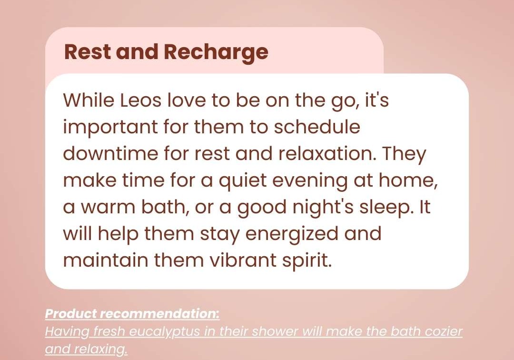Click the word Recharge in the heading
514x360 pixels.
pyautogui.click(x=216, y=52)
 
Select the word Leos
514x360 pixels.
pyautogui.click(x=140, y=100)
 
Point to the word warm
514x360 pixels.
pyautogui.click(x=108, y=208)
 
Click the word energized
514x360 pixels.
pyautogui.click(x=292, y=234)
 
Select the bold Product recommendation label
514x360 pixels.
pyautogui.click(x=132, y=314)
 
